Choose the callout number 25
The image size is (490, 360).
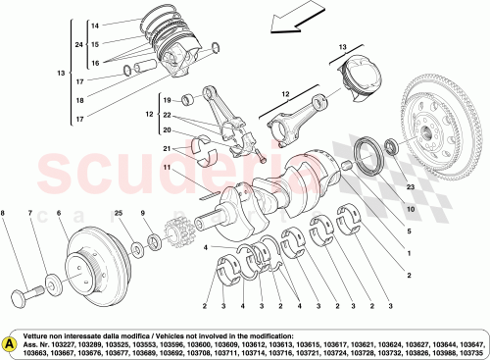coord(119,214)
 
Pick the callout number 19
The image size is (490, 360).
coord(168,101)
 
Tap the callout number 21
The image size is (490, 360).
coord(168,148)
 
